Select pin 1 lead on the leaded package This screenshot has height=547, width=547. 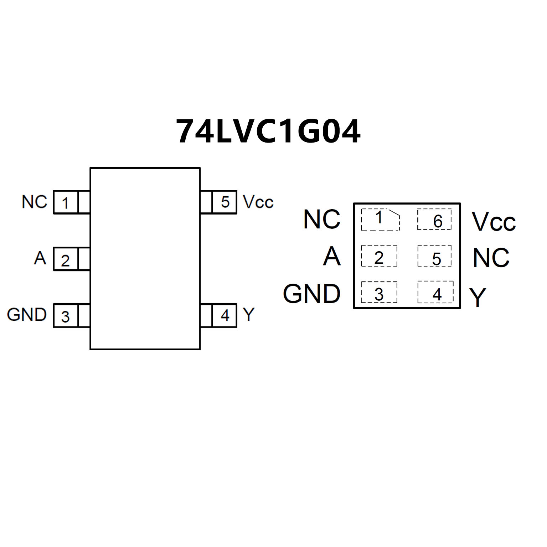(71, 202)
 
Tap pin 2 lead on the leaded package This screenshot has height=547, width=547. (71, 259)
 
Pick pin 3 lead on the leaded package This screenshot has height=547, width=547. (71, 316)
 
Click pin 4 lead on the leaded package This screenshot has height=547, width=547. (218, 315)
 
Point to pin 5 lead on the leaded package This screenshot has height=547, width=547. (218, 202)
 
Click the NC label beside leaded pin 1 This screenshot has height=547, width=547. (34, 202)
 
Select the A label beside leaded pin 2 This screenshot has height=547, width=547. (40, 258)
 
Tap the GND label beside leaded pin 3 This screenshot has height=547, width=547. (27, 315)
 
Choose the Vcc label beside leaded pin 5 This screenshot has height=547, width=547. (258, 202)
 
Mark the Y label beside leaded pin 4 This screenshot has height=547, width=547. (249, 315)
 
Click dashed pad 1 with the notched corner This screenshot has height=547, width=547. (380, 220)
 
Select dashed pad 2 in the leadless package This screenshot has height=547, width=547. (379, 256)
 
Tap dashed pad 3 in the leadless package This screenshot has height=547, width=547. (379, 293)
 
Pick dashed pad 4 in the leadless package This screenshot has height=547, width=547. (435, 292)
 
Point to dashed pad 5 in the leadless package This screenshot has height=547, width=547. (434, 256)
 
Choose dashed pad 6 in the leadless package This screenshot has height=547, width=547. (434, 220)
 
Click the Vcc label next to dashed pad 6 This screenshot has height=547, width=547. (494, 222)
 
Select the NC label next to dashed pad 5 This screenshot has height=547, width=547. (491, 258)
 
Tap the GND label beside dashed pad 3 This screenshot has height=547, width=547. (312, 294)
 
